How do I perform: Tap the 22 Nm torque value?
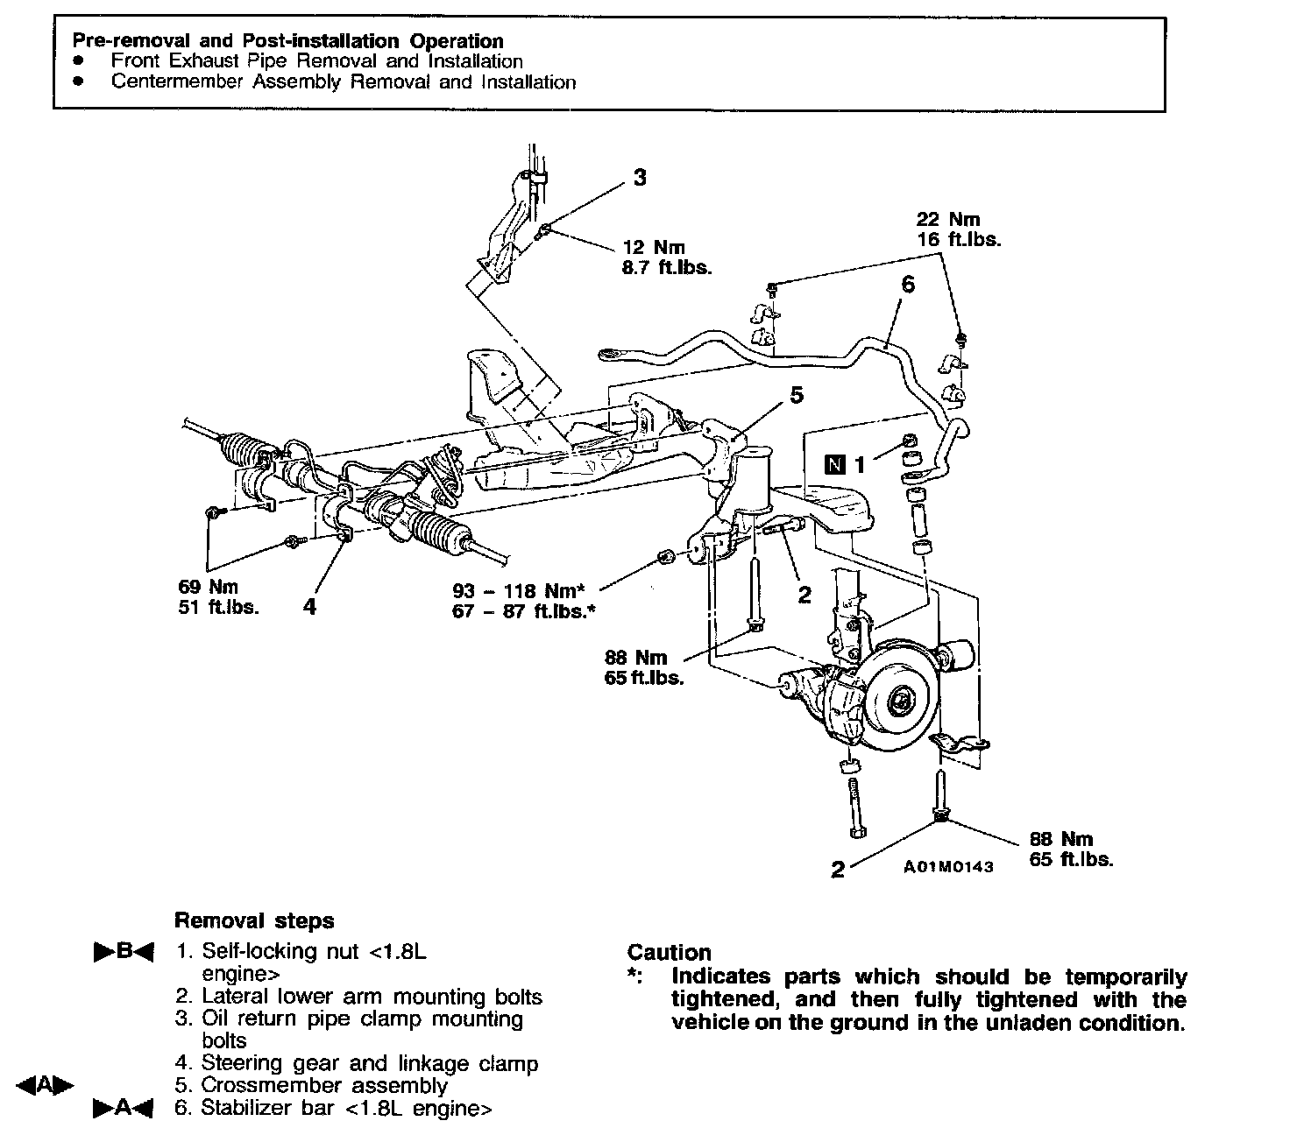point(947,219)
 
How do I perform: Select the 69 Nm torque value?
point(208,587)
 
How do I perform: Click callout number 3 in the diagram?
point(640,178)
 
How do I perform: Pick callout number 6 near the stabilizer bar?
point(907,285)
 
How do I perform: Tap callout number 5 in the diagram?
point(796,396)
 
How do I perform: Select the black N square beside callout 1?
point(836,464)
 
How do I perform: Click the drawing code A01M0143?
point(949,867)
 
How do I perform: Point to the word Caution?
point(669,953)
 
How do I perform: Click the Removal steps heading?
point(254,920)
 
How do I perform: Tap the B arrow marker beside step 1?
point(124,951)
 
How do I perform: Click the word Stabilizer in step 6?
point(245,1108)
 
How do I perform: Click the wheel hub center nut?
point(900,701)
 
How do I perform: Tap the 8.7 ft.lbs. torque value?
point(666,268)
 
